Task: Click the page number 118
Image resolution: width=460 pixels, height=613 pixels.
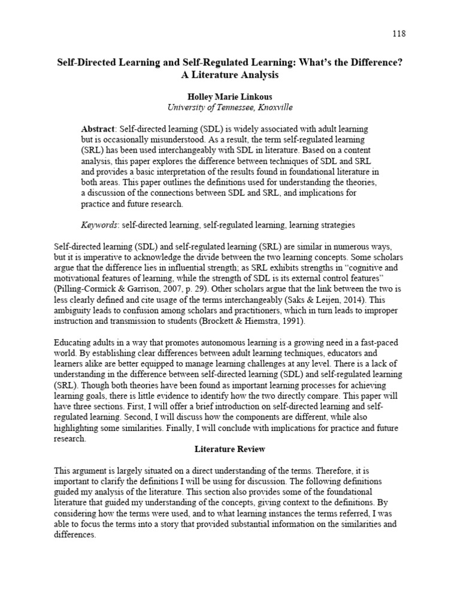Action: (x=399, y=34)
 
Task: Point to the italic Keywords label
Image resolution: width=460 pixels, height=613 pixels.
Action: (x=99, y=225)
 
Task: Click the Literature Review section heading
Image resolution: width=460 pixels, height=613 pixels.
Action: (x=230, y=449)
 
